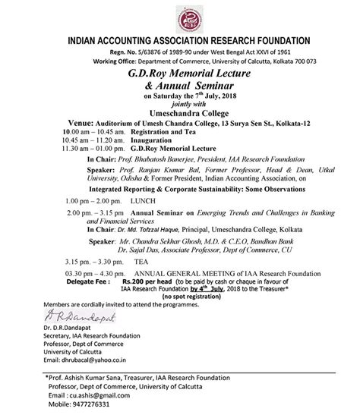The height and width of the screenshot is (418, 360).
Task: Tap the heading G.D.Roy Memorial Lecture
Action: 179,74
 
